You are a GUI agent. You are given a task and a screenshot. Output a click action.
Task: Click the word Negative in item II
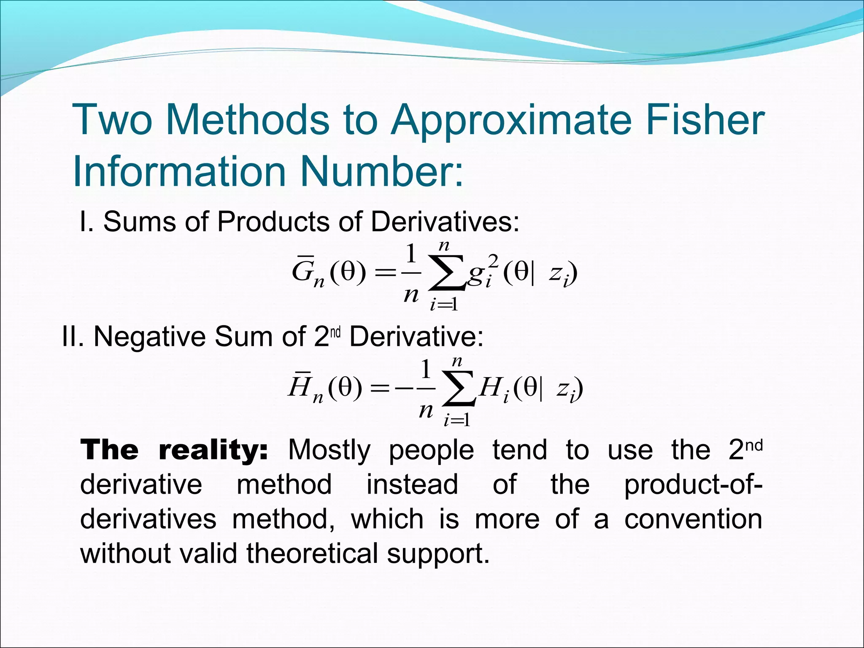(149, 337)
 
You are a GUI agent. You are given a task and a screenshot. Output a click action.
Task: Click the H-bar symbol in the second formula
(300, 387)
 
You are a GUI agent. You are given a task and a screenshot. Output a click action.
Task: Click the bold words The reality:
(174, 450)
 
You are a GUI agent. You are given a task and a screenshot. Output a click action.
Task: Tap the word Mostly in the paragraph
(329, 451)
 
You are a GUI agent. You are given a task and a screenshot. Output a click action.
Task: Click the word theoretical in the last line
(312, 553)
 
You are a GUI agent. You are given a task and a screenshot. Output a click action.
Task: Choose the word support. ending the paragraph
(438, 554)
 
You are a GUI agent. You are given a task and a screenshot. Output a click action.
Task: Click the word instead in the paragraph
(412, 484)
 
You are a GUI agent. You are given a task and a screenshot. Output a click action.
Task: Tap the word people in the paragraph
(432, 451)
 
